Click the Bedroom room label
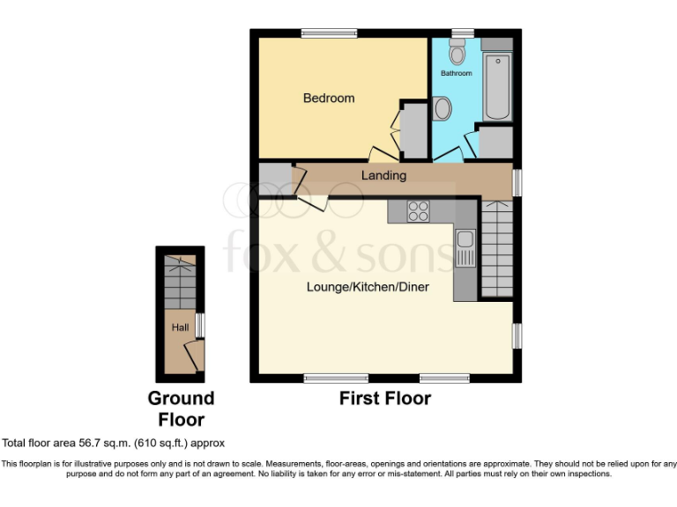pos(329,98)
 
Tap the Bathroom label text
pos(457,73)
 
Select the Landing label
pos(384,175)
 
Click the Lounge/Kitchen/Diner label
pos(368,287)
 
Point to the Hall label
pos(180,327)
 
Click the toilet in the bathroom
pos(457,52)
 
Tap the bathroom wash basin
pos(443,109)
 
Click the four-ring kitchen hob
pos(418,211)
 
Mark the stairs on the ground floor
pos(181,282)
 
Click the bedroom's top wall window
pos(328,33)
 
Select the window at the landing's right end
pos(517,180)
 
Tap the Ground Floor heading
pos(181,409)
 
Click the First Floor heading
pos(385,399)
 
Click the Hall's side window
pos(201,325)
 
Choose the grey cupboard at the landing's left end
pos(274,180)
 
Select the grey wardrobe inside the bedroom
pos(413,129)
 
